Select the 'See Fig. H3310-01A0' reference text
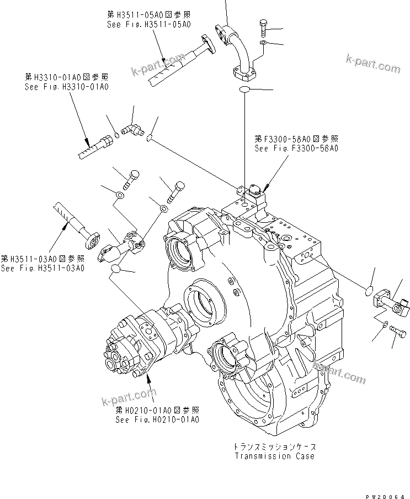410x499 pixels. [66, 87]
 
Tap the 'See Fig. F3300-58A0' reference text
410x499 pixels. [296, 148]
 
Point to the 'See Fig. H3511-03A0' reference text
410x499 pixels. [42, 268]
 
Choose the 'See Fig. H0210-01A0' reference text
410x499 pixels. [157, 419]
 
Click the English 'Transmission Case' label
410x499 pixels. [274, 456]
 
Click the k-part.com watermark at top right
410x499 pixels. [373, 65]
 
